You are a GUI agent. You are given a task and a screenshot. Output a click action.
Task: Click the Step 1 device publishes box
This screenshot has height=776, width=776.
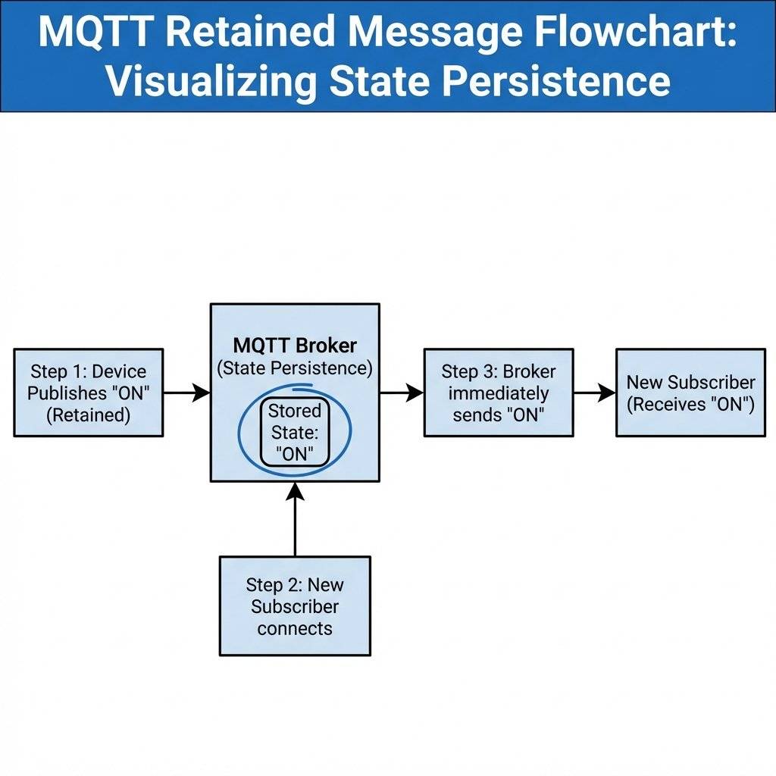coord(89,393)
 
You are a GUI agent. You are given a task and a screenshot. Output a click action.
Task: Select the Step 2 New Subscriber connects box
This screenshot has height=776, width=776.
coord(295,605)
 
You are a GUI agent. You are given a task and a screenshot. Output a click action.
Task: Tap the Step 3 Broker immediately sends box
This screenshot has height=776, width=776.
coord(498,393)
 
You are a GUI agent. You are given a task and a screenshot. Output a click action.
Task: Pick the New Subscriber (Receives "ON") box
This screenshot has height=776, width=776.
coord(690,393)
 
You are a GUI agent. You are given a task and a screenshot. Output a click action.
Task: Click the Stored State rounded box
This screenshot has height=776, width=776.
coord(295,433)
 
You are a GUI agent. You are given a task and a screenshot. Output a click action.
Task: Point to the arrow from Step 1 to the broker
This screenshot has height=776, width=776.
coord(186,393)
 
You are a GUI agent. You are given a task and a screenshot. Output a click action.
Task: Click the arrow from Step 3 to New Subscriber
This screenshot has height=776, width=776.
coord(594,393)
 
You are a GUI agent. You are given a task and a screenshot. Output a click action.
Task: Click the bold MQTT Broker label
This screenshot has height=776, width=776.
coord(295,346)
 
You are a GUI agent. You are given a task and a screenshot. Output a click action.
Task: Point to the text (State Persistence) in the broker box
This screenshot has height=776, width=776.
coord(295,368)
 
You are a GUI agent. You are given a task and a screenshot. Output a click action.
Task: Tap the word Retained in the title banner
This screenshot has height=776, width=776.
coord(236,33)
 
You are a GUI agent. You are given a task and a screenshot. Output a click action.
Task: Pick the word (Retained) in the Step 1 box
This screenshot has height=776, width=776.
coord(89,415)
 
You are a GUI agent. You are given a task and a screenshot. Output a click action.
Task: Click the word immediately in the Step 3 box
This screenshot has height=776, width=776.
coord(498,393)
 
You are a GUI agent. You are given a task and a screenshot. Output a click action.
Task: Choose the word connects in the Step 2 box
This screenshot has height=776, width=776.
coord(295,628)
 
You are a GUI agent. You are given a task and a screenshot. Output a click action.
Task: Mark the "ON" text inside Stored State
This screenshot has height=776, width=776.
coord(295,455)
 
